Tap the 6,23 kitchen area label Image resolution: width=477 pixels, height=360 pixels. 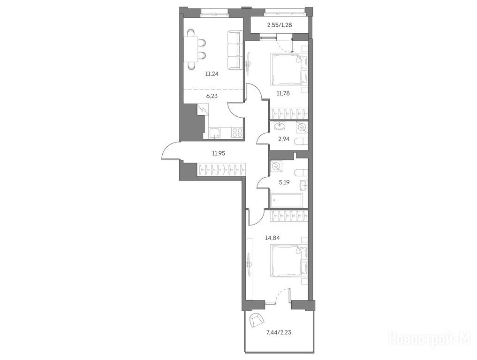pos(212,96)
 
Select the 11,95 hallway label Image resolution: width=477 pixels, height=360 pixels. pos(219,154)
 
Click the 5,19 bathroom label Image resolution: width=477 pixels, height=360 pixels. pos(284,183)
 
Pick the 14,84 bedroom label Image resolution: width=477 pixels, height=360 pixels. pos(272,238)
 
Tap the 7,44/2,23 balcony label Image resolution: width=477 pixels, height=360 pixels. pos(279,332)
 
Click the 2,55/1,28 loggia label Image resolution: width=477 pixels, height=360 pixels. pos(280,25)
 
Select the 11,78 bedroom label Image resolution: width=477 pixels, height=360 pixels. pos(283,93)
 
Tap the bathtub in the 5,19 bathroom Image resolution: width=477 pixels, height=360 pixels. pos(285,200)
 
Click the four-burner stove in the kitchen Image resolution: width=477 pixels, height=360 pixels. pos(237,133)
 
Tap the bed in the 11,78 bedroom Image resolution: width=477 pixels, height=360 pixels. pos(289,69)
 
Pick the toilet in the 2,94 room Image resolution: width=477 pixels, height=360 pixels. pos(302,142)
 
